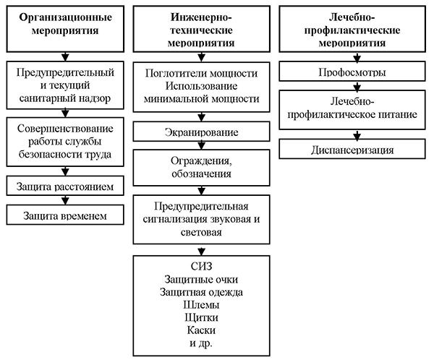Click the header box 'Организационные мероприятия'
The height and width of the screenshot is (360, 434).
(66, 26)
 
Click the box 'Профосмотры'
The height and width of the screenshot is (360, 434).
(352, 72)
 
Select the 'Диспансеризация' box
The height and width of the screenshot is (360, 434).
(352, 150)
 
